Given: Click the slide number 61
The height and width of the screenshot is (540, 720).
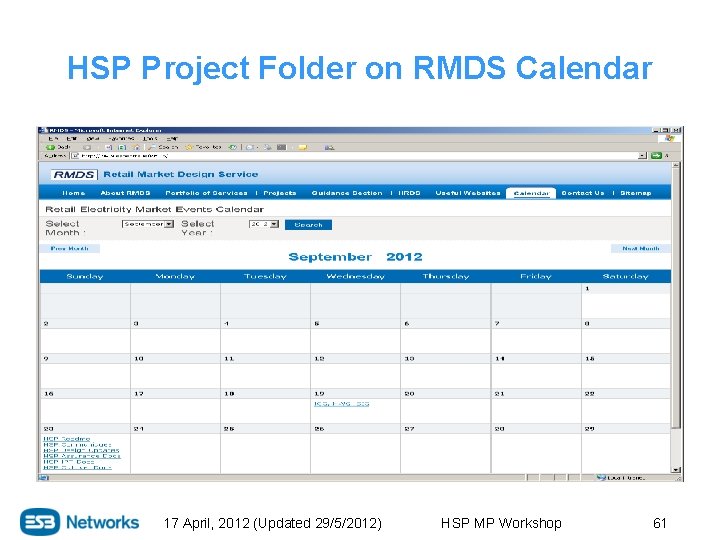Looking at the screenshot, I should tap(659, 523).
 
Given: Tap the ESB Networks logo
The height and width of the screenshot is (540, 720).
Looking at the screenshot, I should tap(80, 522).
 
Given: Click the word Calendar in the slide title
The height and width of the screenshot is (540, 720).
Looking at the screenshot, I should tap(584, 68).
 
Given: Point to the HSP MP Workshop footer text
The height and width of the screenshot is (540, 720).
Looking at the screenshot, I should tap(501, 523).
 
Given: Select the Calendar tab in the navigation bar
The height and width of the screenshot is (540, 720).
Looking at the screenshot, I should tap(531, 193).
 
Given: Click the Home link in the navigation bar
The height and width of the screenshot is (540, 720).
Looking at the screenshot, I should tap(74, 193).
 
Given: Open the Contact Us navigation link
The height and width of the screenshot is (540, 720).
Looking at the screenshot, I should tap(583, 193).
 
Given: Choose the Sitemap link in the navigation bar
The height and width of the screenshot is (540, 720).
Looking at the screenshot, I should tap(636, 193).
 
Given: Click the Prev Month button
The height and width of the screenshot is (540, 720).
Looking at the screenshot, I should tap(70, 248).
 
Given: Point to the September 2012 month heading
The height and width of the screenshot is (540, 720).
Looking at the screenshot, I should tap(355, 257).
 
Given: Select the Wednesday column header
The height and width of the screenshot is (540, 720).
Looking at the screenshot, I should tap(355, 276).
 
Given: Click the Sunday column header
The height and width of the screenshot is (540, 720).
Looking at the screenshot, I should tap(85, 276).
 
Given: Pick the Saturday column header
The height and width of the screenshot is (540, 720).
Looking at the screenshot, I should tap(625, 276).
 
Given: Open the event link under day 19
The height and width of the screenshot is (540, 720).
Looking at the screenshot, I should tap(341, 403).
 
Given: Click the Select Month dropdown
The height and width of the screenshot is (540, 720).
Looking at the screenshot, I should tap(148, 225).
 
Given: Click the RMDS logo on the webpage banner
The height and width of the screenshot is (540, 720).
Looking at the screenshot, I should tap(74, 175).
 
